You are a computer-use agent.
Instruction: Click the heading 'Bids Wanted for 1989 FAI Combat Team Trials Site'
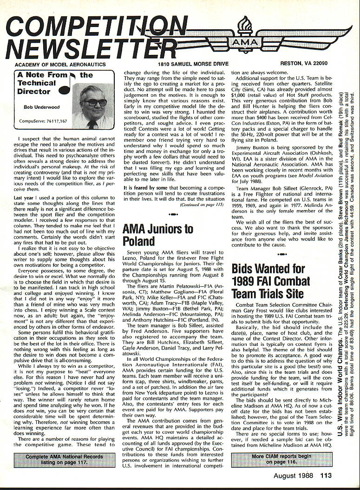click(268, 281)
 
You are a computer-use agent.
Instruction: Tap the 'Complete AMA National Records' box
click(63, 460)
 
